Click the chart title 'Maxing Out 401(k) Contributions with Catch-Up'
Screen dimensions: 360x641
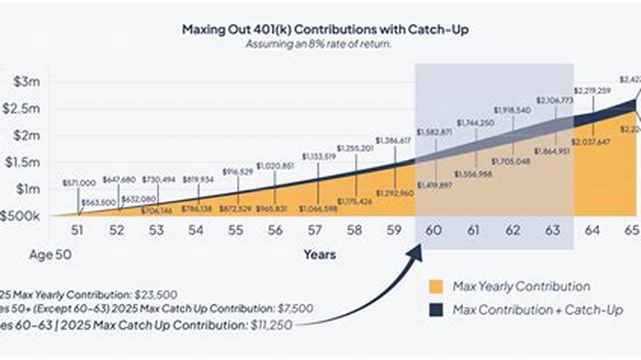coord(325,30)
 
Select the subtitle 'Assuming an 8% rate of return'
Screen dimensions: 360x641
coord(318,44)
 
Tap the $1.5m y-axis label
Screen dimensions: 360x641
coord(24,162)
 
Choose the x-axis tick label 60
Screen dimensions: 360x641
coord(434,230)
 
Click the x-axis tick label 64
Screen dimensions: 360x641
coord(592,230)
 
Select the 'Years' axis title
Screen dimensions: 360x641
coord(319,255)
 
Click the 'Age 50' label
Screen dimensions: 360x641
coord(50,255)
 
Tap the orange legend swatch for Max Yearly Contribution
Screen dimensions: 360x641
coord(436,287)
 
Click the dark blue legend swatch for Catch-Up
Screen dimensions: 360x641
coord(436,310)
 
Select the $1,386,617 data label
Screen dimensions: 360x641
coord(393,141)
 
